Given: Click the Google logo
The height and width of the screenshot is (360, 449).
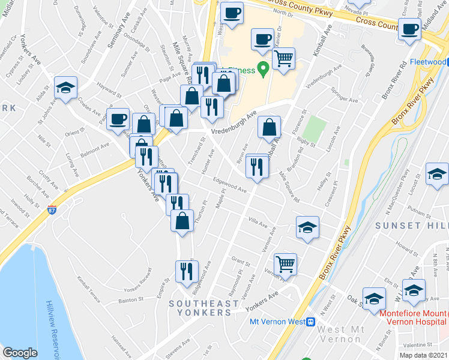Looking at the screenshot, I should pos(20,352).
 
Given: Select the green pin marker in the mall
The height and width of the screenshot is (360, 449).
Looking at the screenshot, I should pos(262,70).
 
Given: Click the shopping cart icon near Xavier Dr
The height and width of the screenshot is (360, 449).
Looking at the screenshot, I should pos(284,59).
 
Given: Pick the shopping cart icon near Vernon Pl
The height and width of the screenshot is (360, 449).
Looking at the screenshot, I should pos(285,263).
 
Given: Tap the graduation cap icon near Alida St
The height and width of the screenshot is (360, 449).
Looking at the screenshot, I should pos(65,88).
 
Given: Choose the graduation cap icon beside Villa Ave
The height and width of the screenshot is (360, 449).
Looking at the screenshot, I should pos(307,227).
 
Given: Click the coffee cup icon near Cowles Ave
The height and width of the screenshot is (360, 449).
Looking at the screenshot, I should pos(118,118).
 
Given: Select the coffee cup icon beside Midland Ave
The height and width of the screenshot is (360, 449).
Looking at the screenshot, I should pos(411,29).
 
